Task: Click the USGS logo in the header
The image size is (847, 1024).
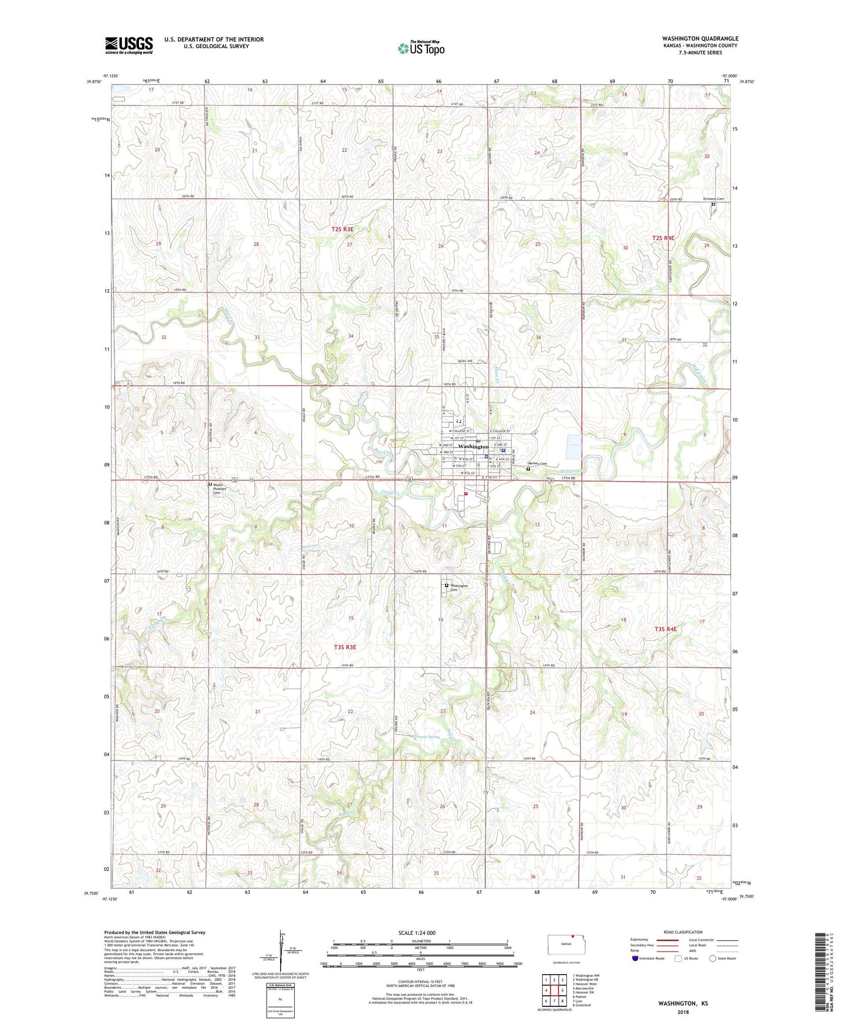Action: click(128, 45)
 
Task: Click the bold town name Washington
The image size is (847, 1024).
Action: click(472, 446)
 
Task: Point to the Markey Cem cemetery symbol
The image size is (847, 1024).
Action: click(528, 469)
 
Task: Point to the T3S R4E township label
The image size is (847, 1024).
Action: click(665, 629)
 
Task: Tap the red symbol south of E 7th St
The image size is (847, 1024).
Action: click(466, 494)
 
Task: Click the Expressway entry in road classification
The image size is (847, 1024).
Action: click(639, 940)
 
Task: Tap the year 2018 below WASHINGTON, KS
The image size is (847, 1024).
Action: click(683, 1012)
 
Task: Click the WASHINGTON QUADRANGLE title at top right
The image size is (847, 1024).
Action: click(700, 39)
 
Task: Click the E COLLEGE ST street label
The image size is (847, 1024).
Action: click(500, 432)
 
